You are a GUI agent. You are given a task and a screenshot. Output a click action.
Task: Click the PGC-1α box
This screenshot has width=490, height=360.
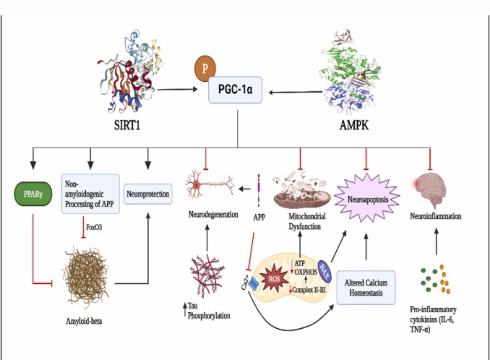tap(235, 89)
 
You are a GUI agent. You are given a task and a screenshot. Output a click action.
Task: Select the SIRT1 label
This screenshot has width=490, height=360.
tap(127, 125)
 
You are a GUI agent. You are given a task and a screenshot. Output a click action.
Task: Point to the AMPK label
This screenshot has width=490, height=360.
tap(354, 125)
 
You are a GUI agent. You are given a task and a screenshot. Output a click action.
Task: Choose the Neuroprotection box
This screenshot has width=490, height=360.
tap(147, 194)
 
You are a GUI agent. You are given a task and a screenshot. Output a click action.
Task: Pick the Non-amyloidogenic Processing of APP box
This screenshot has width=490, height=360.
tap(90, 194)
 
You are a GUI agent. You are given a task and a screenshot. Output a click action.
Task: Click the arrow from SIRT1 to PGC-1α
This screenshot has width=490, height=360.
tap(178, 89)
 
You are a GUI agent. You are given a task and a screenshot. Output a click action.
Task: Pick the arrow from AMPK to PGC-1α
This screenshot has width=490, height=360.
tap(296, 93)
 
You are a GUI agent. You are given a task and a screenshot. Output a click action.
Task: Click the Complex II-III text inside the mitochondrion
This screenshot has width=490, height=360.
tap(309, 290)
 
